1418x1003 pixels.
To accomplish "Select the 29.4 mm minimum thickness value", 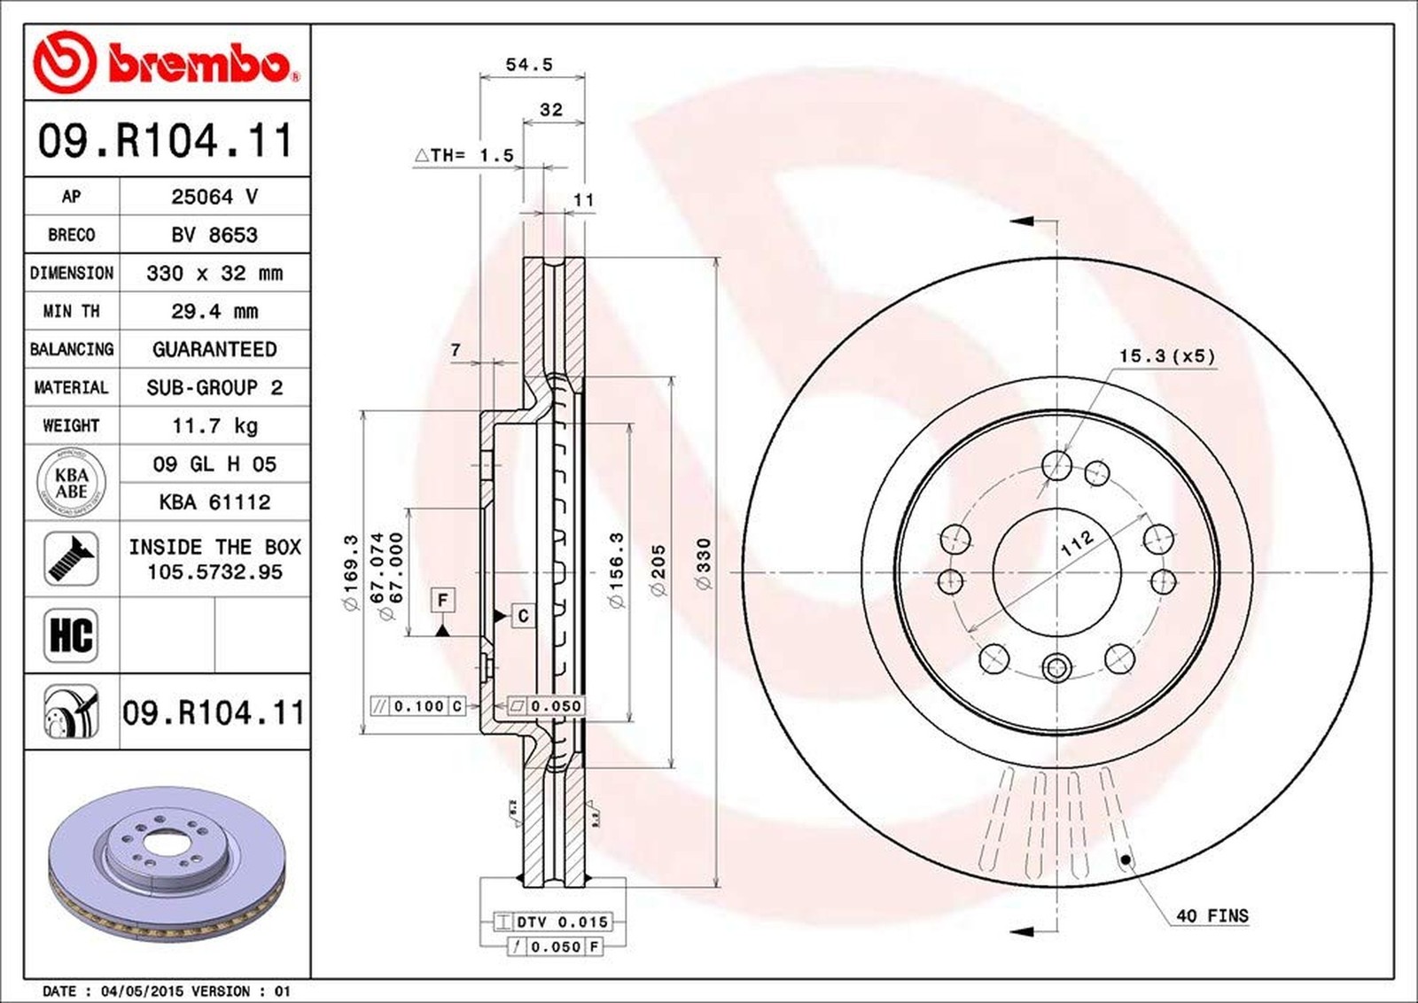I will (214, 311).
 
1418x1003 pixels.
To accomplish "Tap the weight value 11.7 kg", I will (214, 425).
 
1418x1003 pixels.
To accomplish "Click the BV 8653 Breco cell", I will (214, 235).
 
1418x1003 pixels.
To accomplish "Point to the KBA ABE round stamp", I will (71, 483).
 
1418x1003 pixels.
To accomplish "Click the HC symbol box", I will (71, 635).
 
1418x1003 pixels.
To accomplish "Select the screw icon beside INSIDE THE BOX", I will (71, 558).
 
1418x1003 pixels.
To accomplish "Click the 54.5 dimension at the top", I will (529, 65).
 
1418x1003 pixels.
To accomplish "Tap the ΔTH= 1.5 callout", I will (464, 155).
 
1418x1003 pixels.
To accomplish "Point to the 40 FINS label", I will (1212, 915).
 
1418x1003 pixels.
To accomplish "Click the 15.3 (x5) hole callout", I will (1166, 355).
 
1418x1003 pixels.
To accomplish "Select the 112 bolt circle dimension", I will (1077, 543).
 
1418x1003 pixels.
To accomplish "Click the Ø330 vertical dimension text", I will (703, 564).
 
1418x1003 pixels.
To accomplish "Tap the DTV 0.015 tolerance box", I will (552, 921).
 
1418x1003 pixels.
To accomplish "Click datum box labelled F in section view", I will (443, 600).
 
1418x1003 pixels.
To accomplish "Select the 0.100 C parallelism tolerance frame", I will (418, 706).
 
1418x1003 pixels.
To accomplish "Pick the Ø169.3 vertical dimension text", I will (350, 571).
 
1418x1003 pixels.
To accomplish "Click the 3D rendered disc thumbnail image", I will (167, 863).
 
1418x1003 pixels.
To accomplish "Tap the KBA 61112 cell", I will (214, 502).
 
